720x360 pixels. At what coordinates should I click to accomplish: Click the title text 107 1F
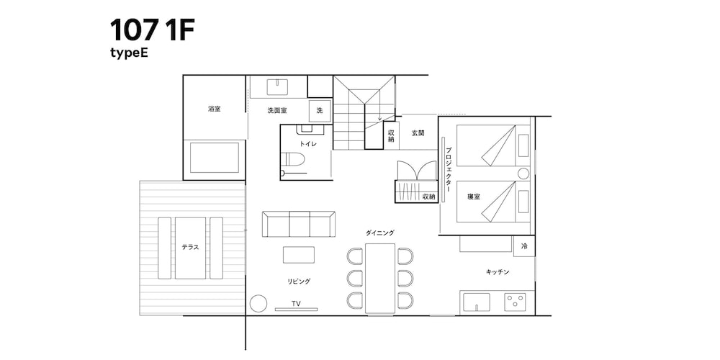(x=152, y=30)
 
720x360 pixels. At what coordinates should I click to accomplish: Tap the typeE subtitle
(x=129, y=53)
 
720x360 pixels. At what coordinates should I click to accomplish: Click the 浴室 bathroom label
(x=214, y=109)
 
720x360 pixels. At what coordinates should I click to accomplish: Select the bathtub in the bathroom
(x=214, y=157)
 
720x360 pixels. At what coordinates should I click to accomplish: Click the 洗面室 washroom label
(x=277, y=110)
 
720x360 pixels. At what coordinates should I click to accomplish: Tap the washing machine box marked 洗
(x=320, y=110)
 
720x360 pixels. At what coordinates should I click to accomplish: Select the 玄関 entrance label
(x=418, y=133)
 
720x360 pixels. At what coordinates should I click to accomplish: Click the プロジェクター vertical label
(x=448, y=169)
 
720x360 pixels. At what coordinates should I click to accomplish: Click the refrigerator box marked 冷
(x=524, y=246)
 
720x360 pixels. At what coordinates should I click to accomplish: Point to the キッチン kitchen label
(x=498, y=271)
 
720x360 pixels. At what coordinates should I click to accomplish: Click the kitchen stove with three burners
(x=515, y=301)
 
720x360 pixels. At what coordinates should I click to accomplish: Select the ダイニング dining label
(x=379, y=233)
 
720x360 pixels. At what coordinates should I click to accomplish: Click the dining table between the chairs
(x=380, y=278)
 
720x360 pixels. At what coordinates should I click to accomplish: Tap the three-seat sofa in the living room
(x=298, y=224)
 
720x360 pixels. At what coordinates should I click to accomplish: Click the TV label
(x=295, y=304)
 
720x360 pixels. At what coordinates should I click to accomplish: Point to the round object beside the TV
(x=257, y=303)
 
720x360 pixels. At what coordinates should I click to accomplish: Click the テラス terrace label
(x=190, y=247)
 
